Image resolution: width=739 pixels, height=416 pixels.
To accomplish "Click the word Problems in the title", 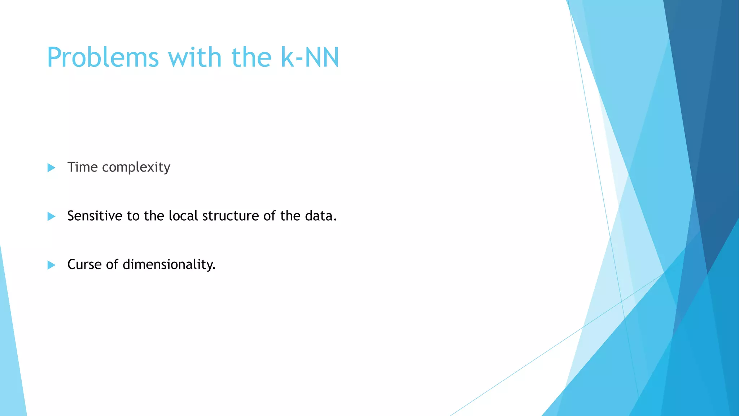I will pyautogui.click(x=103, y=58).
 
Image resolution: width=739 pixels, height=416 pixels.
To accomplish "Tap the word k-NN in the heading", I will pyautogui.click(x=310, y=58).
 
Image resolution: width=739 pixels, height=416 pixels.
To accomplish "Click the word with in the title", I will pyautogui.click(x=194, y=58).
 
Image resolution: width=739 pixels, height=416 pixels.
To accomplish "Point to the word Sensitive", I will pyautogui.click(x=95, y=216).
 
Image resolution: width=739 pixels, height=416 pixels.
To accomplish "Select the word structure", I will pyautogui.click(x=230, y=216).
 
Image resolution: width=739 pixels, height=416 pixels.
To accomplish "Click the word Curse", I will pyautogui.click(x=84, y=265).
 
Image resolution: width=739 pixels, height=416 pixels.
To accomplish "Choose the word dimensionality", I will pyautogui.click(x=169, y=265).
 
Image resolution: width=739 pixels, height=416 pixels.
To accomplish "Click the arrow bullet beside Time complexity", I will pyautogui.click(x=51, y=168).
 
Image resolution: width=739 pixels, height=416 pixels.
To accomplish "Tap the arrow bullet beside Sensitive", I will pyautogui.click(x=51, y=216).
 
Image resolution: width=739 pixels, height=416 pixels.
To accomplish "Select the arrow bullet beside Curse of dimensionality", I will pyautogui.click(x=51, y=265).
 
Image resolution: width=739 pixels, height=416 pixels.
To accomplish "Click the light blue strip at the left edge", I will pyautogui.click(x=11, y=361).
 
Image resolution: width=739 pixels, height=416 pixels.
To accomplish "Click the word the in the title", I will pyautogui.click(x=251, y=58).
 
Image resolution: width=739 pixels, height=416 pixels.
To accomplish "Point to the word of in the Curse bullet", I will pyautogui.click(x=112, y=265).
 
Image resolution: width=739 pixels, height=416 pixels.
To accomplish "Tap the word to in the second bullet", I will pyautogui.click(x=133, y=216).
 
